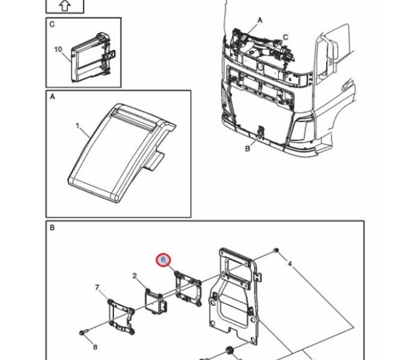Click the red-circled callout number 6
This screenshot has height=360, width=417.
[163, 259]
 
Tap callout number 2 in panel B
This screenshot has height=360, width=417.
[134, 275]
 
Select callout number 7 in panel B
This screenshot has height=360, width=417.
[97, 287]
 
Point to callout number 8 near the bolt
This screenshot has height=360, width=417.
[95, 346]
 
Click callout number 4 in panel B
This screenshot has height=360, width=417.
[289, 264]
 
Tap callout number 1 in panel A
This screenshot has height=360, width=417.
[78, 126]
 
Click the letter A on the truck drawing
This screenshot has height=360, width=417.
[260, 20]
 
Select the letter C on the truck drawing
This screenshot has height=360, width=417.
[286, 37]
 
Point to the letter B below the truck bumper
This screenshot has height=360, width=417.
[247, 148]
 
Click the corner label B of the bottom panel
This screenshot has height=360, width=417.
[52, 228]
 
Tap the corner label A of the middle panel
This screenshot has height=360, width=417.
[52, 98]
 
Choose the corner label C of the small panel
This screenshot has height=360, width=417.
[52, 24]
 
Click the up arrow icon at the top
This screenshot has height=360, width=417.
[65, 6]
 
